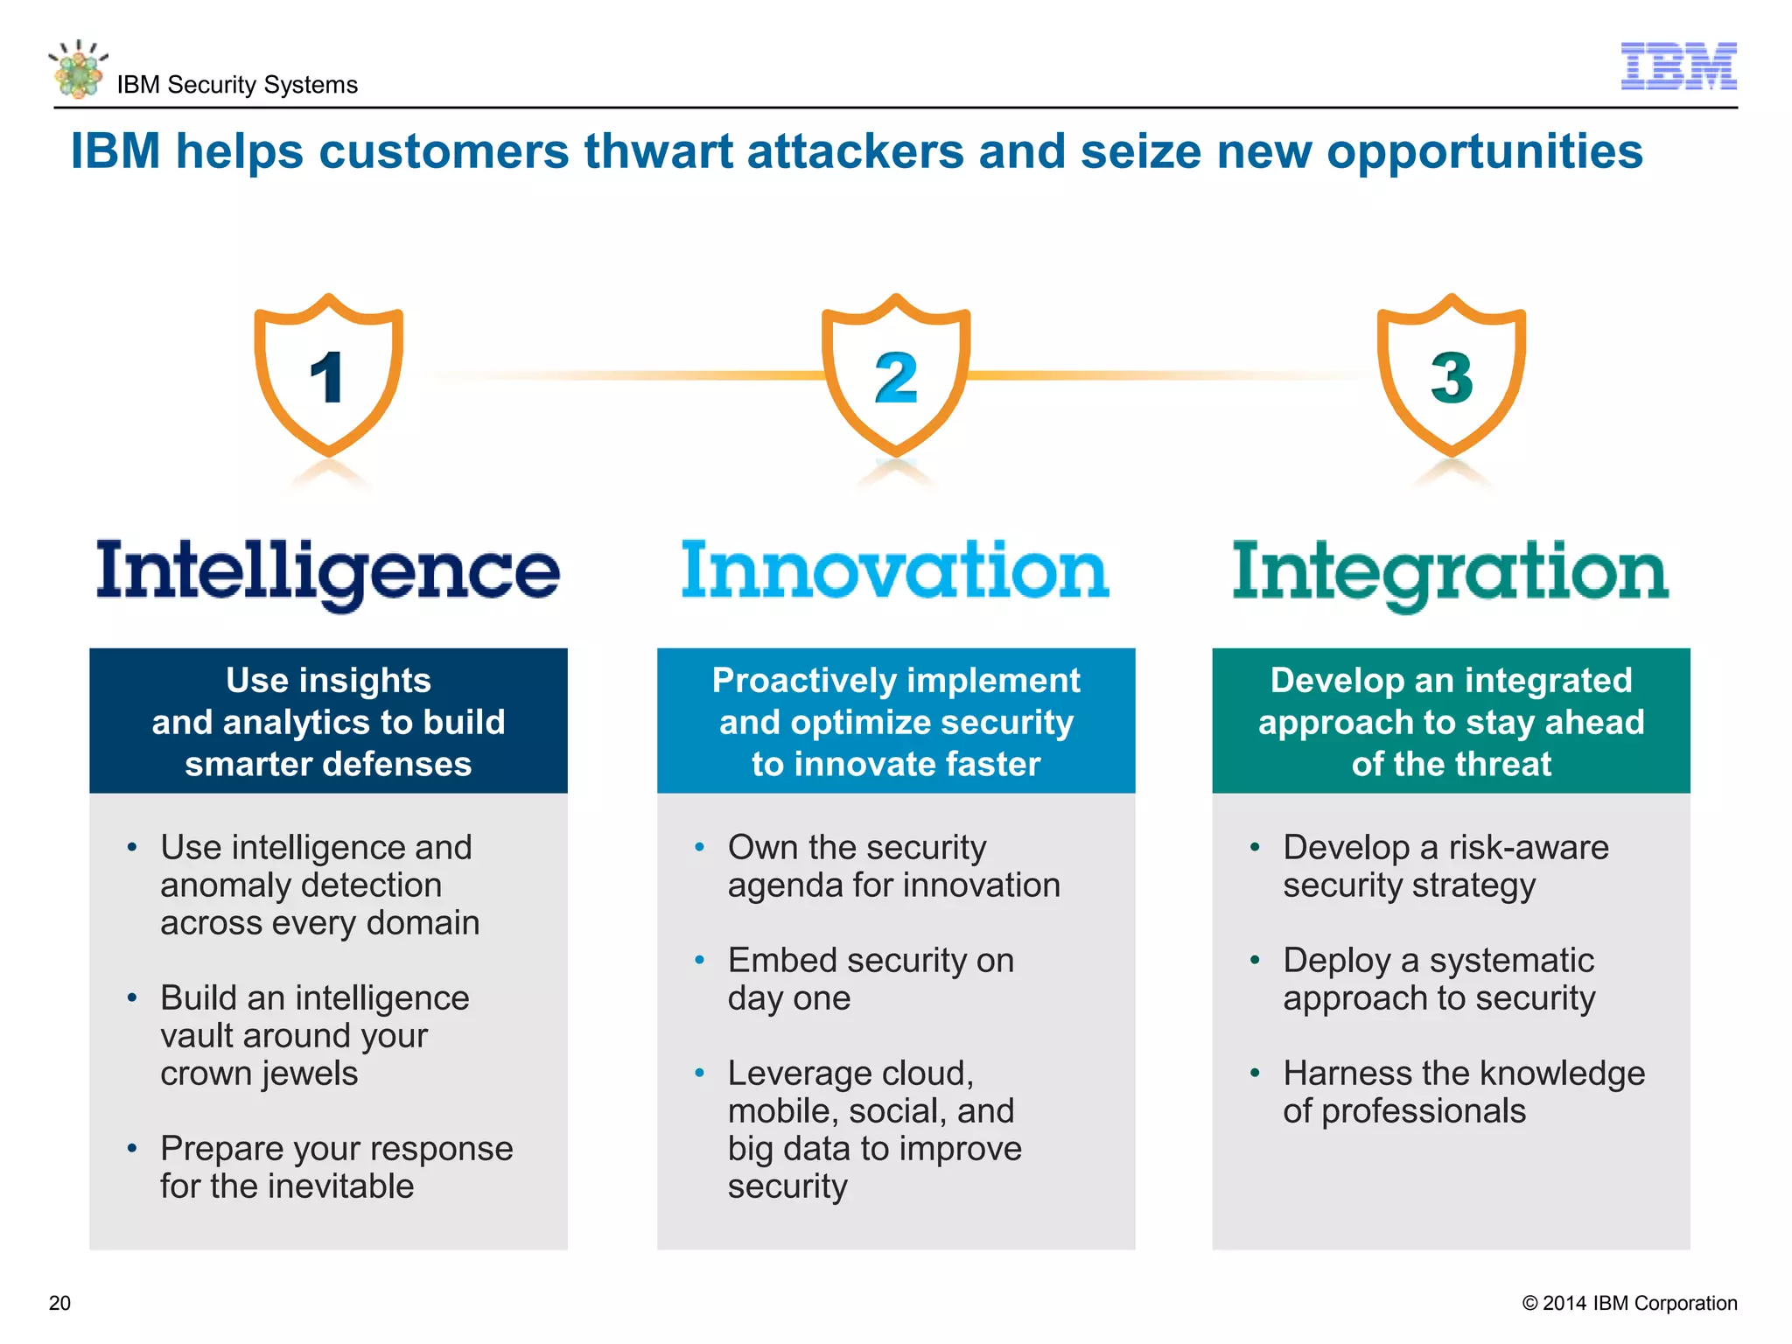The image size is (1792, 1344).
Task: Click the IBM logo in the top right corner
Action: tap(1678, 66)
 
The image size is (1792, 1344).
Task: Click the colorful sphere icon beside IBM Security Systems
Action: tap(79, 70)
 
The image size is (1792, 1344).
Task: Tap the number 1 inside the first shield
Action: tap(327, 378)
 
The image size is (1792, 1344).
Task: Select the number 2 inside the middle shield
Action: tap(896, 378)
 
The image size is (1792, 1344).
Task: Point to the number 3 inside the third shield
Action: tap(1452, 378)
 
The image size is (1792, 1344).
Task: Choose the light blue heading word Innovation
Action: tap(895, 570)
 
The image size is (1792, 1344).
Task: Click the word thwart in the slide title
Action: tap(658, 151)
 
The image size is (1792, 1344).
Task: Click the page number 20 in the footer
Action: tap(59, 1303)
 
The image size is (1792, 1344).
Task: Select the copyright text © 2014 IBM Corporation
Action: tap(1629, 1303)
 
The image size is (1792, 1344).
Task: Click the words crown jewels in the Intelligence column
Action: tap(259, 1074)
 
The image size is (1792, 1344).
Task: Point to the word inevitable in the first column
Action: tap(341, 1186)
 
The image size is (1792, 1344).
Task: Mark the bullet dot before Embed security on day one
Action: tap(699, 961)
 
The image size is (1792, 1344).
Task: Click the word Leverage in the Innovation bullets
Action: tap(801, 1074)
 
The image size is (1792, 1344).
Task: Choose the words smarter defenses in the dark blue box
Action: tap(328, 764)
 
